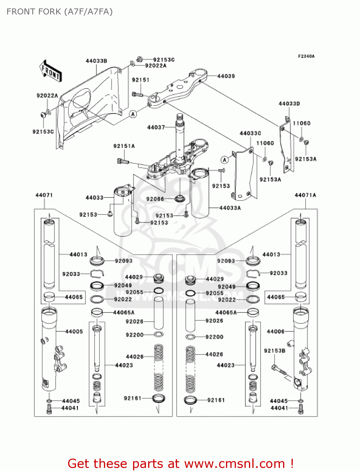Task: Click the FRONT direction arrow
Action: (x=51, y=71)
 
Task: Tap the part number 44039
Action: (x=226, y=76)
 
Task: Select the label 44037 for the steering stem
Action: (x=156, y=127)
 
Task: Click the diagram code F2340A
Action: (x=306, y=57)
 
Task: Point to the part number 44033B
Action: (x=96, y=61)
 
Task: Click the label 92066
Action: (x=155, y=199)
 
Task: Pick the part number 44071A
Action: (x=305, y=195)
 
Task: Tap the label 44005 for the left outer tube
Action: (x=74, y=332)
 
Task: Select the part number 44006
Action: (x=276, y=332)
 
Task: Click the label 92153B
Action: (x=275, y=351)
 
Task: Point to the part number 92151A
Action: (x=124, y=146)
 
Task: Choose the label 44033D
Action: (x=289, y=104)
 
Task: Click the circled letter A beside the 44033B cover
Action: (x=133, y=114)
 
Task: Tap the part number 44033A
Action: (x=230, y=208)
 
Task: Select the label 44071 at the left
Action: (x=44, y=195)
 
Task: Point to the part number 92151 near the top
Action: (x=140, y=80)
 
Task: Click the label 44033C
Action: (x=250, y=133)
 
